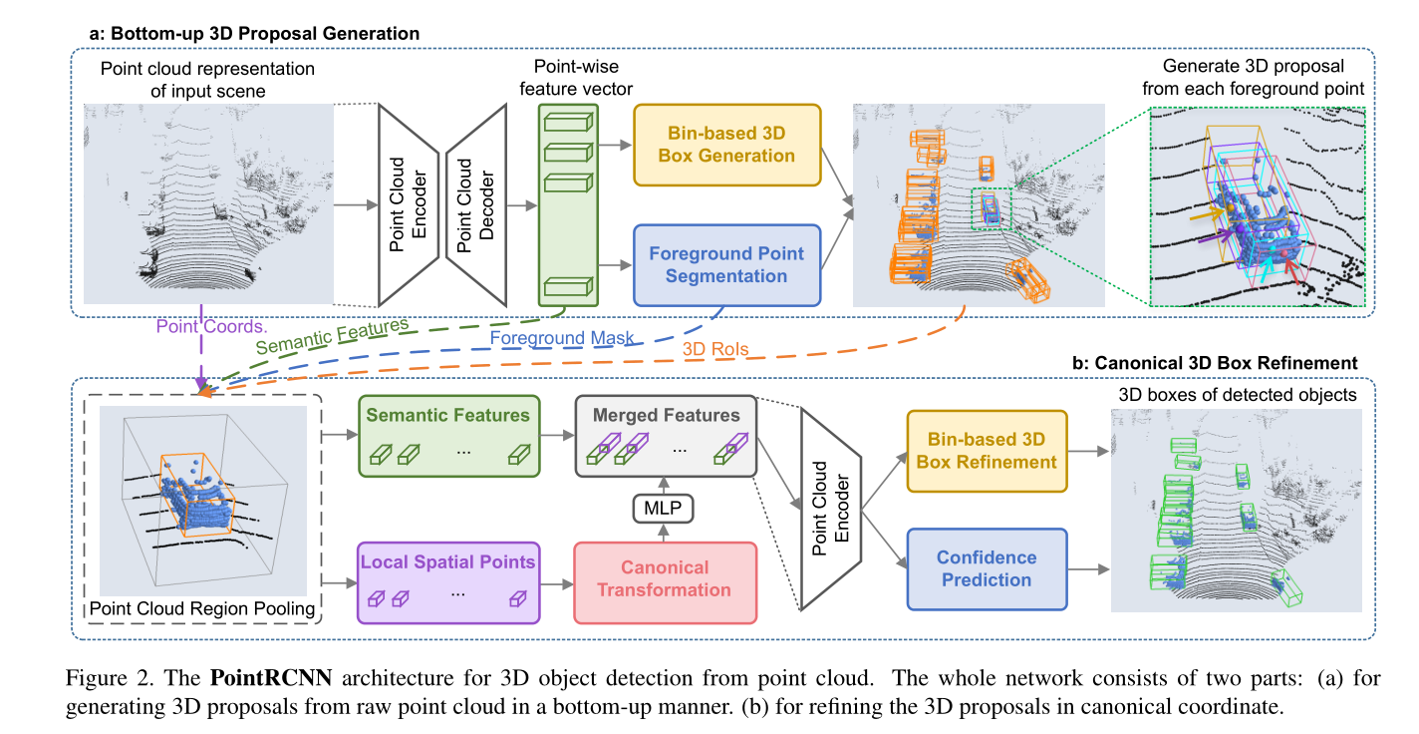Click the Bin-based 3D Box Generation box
(726, 144)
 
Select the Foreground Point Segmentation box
(726, 264)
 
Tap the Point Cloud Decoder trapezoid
(476, 204)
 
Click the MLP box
(663, 509)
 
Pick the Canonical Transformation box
(665, 579)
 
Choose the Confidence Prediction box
(986, 568)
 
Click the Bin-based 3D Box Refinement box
(986, 450)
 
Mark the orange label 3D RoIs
(715, 349)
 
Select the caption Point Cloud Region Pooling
(202, 608)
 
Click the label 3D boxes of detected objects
(1237, 395)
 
